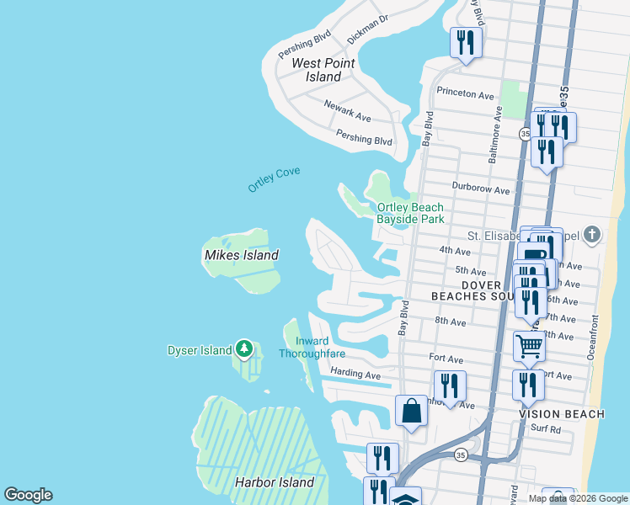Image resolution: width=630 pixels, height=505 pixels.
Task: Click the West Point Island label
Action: coord(323,70)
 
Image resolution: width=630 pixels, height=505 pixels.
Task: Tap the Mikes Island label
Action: coord(241,255)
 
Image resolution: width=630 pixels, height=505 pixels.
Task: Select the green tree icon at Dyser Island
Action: coord(244,348)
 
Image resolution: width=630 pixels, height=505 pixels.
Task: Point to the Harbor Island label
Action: coord(274,482)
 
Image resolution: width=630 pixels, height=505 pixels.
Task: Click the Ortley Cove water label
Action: coord(274,179)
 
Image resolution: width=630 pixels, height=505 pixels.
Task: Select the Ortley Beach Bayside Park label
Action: coord(410,213)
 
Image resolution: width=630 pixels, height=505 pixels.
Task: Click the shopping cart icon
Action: coord(528,345)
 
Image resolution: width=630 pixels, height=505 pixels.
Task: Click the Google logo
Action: coord(28,495)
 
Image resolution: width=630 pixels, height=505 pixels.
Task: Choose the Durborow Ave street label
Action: coord(480,191)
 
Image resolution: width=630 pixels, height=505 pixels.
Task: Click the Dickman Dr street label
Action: coord(367,29)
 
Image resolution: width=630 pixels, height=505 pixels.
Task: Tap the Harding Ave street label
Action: coord(356,375)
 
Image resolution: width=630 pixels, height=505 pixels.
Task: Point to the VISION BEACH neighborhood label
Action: coord(562,414)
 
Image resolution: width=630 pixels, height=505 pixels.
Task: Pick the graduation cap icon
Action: coord(406,499)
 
